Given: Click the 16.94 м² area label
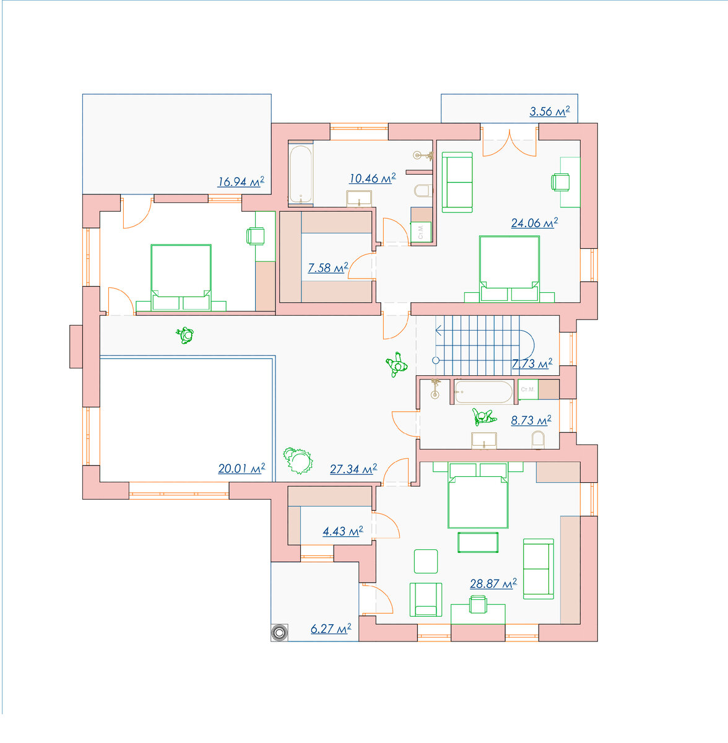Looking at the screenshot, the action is pyautogui.click(x=241, y=181).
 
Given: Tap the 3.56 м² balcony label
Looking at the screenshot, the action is pyautogui.click(x=550, y=111).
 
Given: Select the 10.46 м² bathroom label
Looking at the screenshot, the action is pyautogui.click(x=373, y=178).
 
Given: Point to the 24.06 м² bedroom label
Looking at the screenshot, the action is pyautogui.click(x=534, y=223).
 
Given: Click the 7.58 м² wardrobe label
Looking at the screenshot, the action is pyautogui.click(x=327, y=267).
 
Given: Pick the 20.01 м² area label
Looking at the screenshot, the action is pyautogui.click(x=241, y=468).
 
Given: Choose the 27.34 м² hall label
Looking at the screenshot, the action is pyautogui.click(x=353, y=469).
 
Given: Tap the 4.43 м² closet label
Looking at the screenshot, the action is pyautogui.click(x=343, y=531).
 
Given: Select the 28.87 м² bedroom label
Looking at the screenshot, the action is pyautogui.click(x=493, y=583).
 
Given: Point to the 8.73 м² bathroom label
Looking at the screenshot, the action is pyautogui.click(x=531, y=420).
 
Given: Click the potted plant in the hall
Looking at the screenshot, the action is pyautogui.click(x=298, y=460).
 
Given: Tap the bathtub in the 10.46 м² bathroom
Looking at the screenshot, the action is pyautogui.click(x=301, y=174).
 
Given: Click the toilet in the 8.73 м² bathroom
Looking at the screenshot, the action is pyautogui.click(x=538, y=440).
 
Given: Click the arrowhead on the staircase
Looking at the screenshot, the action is pyautogui.click(x=438, y=331).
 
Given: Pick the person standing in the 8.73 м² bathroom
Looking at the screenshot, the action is pyautogui.click(x=483, y=417).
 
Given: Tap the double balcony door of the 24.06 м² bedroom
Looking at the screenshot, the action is pyautogui.click(x=509, y=142).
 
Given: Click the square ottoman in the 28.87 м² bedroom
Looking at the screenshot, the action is pyautogui.click(x=426, y=562).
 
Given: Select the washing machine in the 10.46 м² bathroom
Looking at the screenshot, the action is pyautogui.click(x=421, y=232).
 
